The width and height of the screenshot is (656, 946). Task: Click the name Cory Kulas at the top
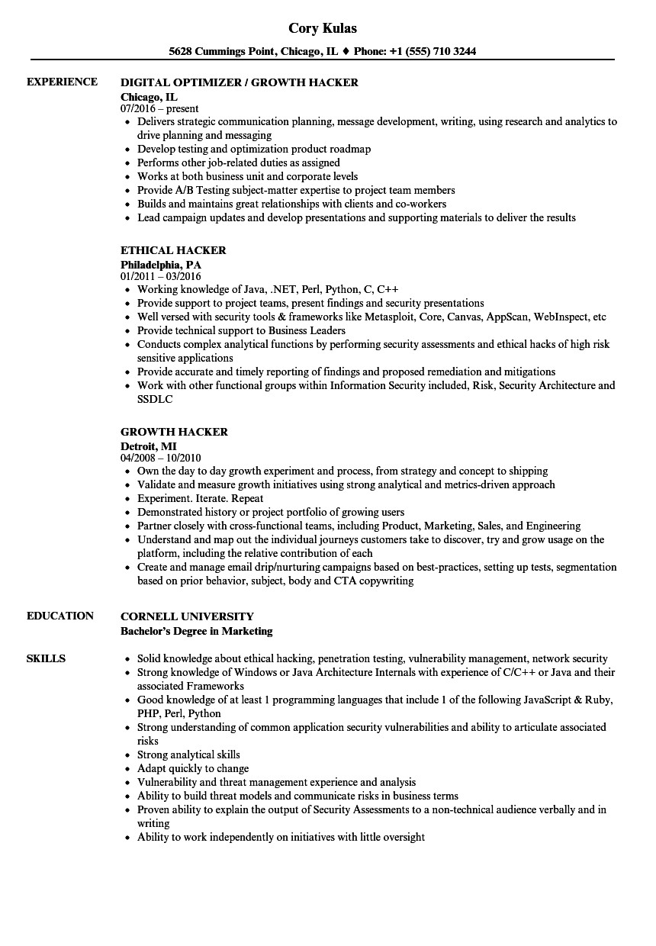(x=323, y=28)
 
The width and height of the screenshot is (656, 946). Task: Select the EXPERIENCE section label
(x=62, y=82)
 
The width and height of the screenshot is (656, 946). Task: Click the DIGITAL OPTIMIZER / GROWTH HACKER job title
(x=240, y=82)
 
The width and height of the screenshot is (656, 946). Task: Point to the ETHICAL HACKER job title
(x=173, y=250)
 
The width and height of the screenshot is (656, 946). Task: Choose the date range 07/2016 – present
(x=159, y=109)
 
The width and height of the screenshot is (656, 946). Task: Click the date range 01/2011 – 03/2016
(x=161, y=276)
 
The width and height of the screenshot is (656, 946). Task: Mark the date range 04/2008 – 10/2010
(x=161, y=458)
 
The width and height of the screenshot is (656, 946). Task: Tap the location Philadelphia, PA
(x=161, y=264)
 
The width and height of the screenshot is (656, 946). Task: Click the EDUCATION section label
(x=60, y=616)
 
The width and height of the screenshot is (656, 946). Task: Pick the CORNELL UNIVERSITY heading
(x=187, y=616)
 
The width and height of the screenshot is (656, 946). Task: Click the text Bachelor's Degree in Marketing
(x=197, y=631)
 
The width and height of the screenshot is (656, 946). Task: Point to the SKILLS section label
(x=46, y=658)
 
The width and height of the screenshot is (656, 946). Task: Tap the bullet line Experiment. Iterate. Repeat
(x=201, y=498)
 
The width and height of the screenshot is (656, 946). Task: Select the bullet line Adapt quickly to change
(x=193, y=768)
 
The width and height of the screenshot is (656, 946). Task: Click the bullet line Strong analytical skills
(x=188, y=755)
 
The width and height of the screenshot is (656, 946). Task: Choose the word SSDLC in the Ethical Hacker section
(x=155, y=399)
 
